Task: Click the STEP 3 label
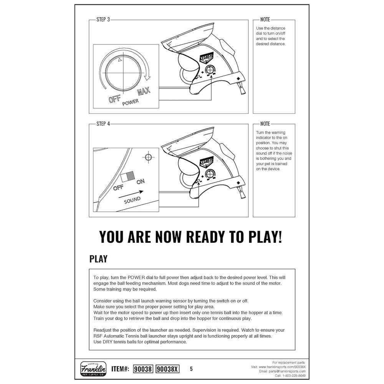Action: [x=103, y=20]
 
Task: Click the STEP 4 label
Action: [x=103, y=124]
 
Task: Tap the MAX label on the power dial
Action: [x=144, y=91]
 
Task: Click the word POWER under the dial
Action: [x=131, y=102]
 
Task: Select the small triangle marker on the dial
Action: [x=120, y=60]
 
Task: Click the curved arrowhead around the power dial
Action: [x=147, y=78]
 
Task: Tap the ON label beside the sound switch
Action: [x=141, y=182]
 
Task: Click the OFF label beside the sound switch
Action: [x=118, y=188]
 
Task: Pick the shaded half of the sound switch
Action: [x=131, y=176]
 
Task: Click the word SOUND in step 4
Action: [x=132, y=200]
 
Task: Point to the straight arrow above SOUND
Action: [x=131, y=194]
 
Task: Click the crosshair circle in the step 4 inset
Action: [x=148, y=157]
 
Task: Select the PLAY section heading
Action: [x=98, y=259]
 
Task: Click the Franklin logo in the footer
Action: [x=93, y=369]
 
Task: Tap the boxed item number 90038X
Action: [x=167, y=369]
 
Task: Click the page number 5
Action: [x=191, y=369]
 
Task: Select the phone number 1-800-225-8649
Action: [x=293, y=376]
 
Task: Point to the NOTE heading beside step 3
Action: [x=265, y=20]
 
